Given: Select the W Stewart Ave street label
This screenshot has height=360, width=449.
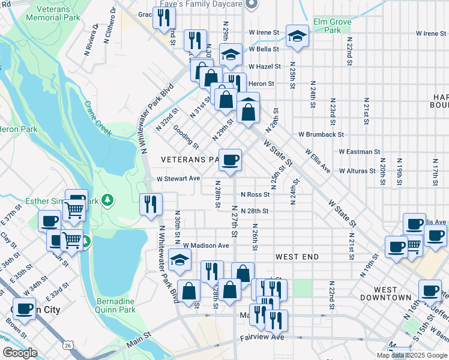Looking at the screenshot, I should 178,178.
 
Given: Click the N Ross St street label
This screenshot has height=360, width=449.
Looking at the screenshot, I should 255,194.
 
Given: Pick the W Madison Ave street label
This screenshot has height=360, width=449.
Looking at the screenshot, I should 206,245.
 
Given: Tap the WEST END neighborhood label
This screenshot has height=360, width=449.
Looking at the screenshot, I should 297,257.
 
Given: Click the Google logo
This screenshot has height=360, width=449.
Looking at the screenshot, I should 20,353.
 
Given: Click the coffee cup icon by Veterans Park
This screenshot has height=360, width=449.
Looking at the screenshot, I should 231,160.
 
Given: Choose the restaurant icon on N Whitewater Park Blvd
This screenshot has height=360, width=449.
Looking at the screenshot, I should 151,204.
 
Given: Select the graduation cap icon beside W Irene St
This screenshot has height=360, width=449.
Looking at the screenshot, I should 297,35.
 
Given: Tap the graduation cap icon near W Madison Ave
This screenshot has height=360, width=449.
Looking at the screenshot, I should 179,259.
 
